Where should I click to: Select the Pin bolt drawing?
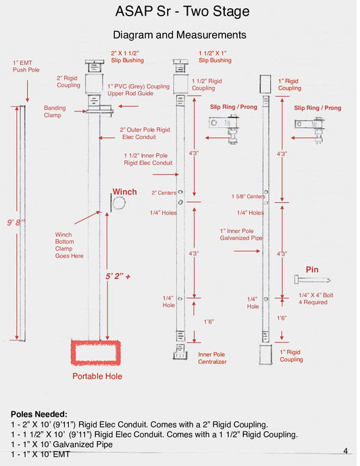tap(312, 280)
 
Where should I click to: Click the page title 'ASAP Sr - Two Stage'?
tap(182, 11)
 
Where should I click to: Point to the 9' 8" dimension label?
tap(16, 222)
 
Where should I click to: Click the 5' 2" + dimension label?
tap(118, 276)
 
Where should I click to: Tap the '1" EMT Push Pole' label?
tap(26, 66)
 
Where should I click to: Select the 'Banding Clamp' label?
tap(55, 111)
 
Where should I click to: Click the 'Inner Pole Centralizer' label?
tap(212, 358)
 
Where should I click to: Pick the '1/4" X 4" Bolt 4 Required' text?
tap(315, 299)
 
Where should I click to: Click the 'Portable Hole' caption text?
tap(97, 376)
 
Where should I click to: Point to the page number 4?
tap(345, 451)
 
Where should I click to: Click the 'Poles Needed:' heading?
tap(39, 414)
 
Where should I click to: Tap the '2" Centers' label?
tap(164, 193)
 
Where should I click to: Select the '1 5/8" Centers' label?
tap(249, 197)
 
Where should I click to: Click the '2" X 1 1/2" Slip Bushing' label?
tap(127, 57)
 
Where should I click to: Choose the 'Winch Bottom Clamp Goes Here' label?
tap(69, 245)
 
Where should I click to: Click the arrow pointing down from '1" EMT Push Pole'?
tap(27, 91)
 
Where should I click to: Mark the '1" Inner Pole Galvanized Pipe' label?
tap(241, 234)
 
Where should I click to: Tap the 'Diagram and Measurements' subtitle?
tap(180, 34)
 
